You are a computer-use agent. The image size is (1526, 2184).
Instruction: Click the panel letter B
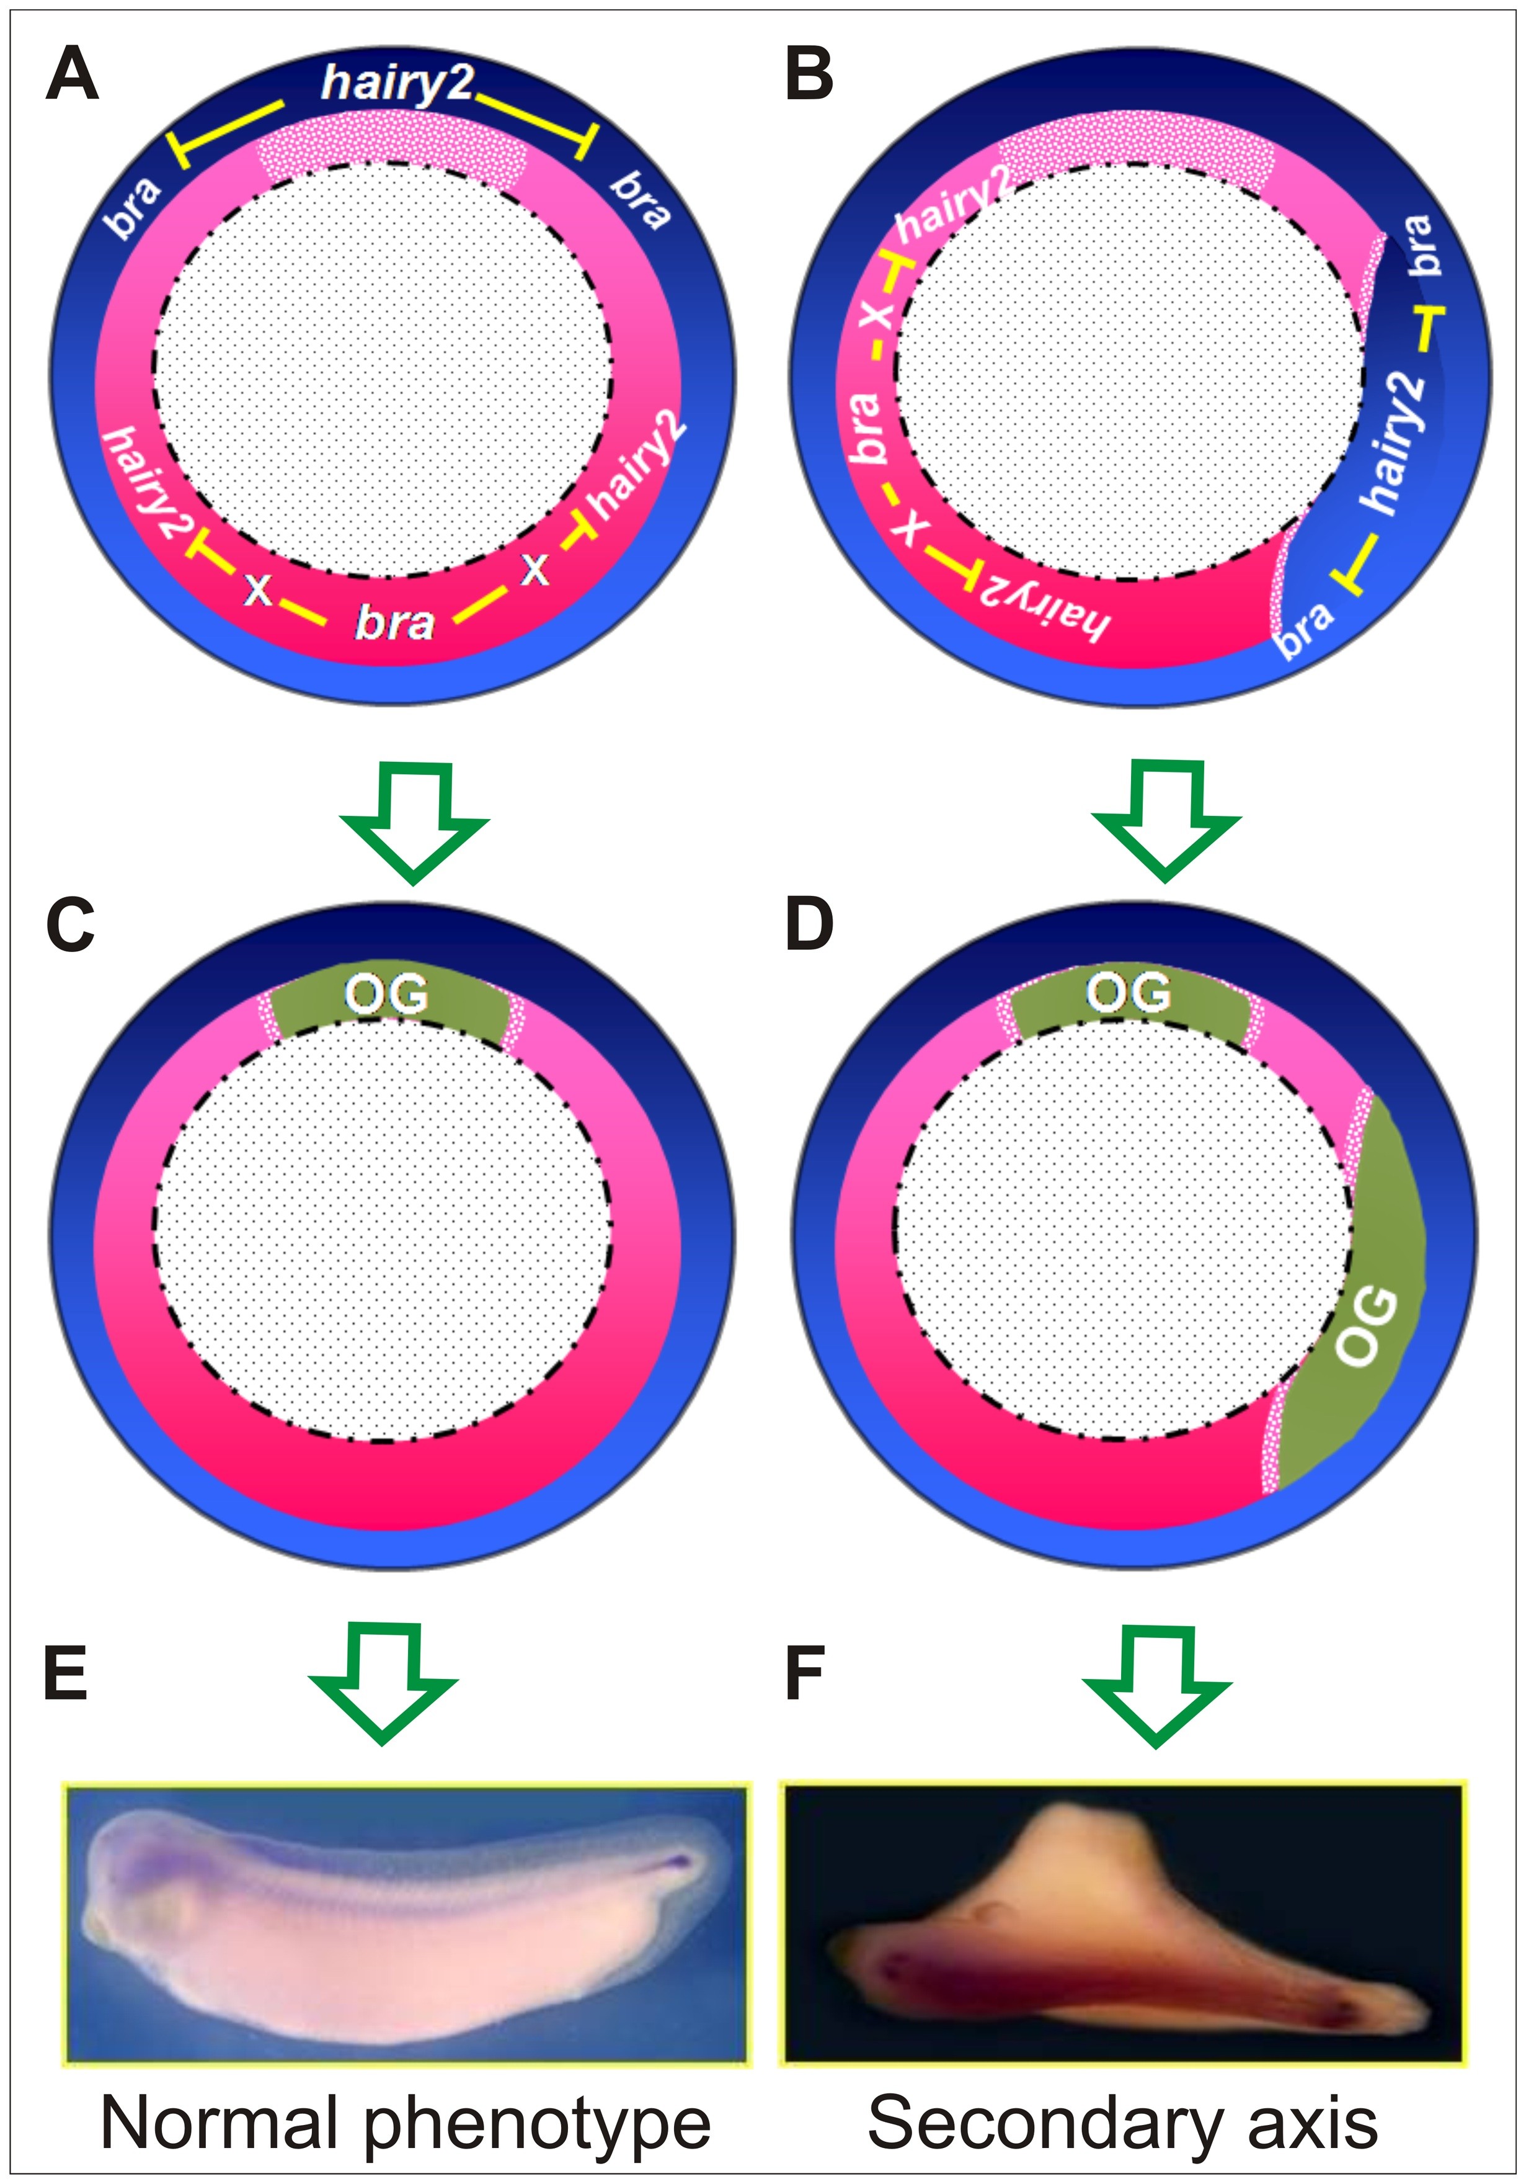[x=809, y=76]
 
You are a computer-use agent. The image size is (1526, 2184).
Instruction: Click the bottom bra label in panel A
[x=394, y=623]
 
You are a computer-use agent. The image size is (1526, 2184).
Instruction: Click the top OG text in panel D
[x=1129, y=994]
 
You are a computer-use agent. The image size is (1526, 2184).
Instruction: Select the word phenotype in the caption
[x=537, y=2126]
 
